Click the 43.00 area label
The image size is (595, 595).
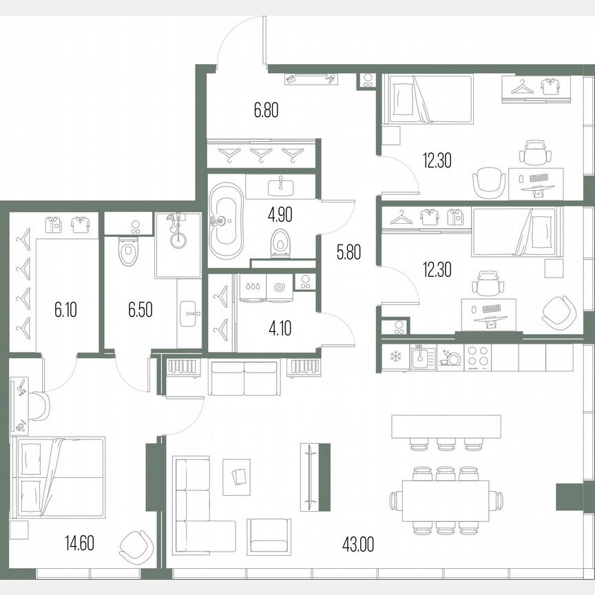click(x=357, y=545)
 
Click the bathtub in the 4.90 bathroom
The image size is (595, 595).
click(x=224, y=220)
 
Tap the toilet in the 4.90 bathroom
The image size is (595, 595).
click(x=281, y=242)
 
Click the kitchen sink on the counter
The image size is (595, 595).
click(x=420, y=357)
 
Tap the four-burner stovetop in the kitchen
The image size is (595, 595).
click(x=478, y=356)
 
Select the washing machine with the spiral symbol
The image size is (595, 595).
click(x=280, y=288)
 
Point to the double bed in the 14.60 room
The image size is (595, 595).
click(x=59, y=477)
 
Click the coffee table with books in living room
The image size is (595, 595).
click(x=238, y=476)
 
